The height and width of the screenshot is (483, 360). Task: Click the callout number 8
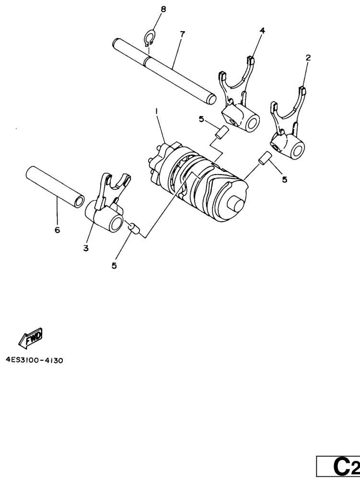click(163, 9)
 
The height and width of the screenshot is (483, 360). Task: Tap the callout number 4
click(262, 30)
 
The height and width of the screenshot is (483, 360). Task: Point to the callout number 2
click(308, 58)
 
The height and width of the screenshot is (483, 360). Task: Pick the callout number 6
click(57, 230)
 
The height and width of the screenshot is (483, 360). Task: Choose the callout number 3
click(86, 248)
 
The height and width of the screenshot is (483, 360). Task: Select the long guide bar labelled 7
click(164, 71)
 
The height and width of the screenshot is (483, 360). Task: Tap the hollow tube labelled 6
click(55, 186)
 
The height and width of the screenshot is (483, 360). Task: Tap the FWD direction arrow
click(31, 338)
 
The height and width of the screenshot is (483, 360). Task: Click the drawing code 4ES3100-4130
click(35, 360)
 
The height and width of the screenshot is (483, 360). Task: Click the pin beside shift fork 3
click(134, 229)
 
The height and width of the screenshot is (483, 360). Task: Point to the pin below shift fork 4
click(222, 132)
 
